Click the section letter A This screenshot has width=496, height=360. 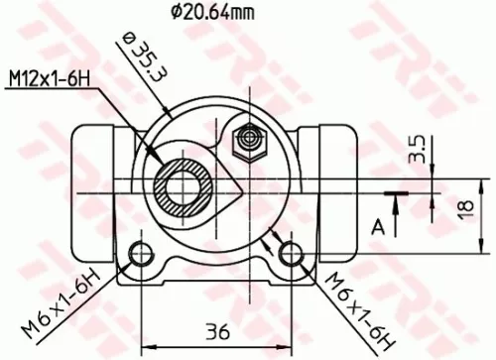click(x=378, y=226)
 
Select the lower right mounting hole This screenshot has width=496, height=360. click(x=290, y=254)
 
